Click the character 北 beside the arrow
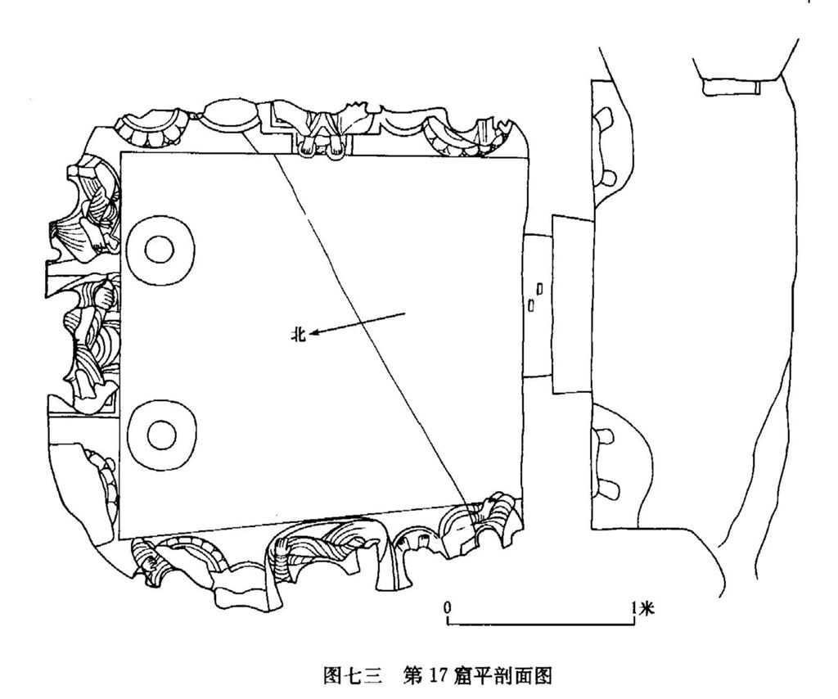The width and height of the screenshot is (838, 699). tap(299, 333)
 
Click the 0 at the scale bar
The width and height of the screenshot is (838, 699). tap(448, 607)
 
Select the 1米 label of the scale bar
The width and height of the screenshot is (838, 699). tap(643, 607)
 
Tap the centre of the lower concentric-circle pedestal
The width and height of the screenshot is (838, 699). tap(160, 434)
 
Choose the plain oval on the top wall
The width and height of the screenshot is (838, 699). tap(228, 113)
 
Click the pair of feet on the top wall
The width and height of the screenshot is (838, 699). tap(322, 148)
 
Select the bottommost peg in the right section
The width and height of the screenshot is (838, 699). tap(606, 490)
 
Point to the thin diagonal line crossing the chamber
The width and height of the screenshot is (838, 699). tap(368, 327)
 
